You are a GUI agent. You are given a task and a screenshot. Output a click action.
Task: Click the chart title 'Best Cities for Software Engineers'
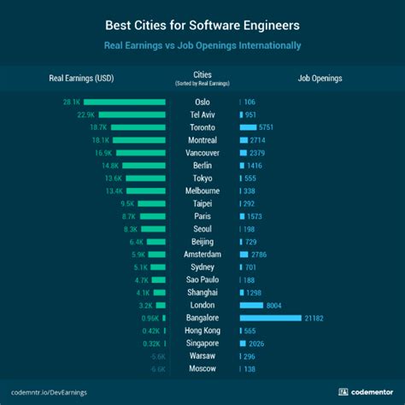(x=202, y=25)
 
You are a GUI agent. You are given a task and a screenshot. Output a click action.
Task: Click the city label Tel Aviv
(x=202, y=114)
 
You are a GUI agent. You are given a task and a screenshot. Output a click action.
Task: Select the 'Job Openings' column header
(x=320, y=79)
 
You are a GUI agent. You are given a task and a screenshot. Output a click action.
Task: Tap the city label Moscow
(x=202, y=368)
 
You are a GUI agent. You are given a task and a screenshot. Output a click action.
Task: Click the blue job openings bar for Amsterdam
(x=245, y=254)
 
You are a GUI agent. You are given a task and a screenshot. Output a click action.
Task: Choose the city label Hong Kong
(x=202, y=330)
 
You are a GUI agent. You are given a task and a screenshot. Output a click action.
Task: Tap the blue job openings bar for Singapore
(x=244, y=343)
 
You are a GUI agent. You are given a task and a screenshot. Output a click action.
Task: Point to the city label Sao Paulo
(x=202, y=279)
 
